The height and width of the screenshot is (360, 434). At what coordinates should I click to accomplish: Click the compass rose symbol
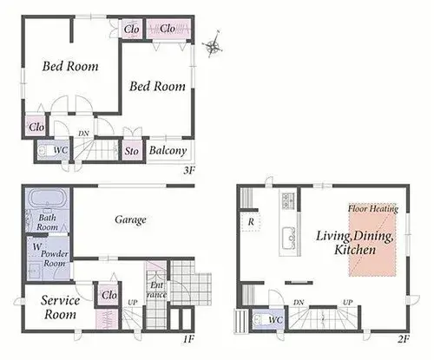click(x=213, y=45)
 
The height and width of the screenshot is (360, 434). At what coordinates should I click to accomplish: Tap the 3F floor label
click(x=189, y=171)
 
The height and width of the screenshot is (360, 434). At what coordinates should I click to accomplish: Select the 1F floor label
click(x=188, y=339)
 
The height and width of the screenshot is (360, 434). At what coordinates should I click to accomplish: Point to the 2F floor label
click(x=404, y=339)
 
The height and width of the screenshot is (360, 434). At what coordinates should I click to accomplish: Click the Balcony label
click(x=168, y=151)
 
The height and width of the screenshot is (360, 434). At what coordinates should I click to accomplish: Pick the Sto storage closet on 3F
click(x=132, y=150)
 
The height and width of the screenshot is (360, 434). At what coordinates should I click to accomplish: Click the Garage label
click(x=130, y=219)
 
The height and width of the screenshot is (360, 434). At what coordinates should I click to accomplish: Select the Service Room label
click(x=60, y=307)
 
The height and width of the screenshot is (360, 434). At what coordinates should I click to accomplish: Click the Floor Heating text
click(x=373, y=208)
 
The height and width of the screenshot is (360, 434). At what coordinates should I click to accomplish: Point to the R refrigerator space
click(x=251, y=222)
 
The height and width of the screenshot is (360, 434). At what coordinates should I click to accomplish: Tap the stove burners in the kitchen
click(x=288, y=200)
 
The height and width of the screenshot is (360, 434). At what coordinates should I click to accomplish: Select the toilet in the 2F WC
click(x=260, y=320)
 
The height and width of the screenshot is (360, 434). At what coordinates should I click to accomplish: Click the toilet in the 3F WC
click(x=44, y=150)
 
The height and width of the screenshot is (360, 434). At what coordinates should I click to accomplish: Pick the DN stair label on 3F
click(x=83, y=134)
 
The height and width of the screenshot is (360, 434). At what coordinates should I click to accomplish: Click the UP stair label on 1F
click(x=133, y=303)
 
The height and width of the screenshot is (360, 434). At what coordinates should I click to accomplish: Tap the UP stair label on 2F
click(x=348, y=303)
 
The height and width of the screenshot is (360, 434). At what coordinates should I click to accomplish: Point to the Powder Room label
click(x=55, y=259)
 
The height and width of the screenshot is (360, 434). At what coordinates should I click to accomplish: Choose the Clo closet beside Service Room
click(x=109, y=295)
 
